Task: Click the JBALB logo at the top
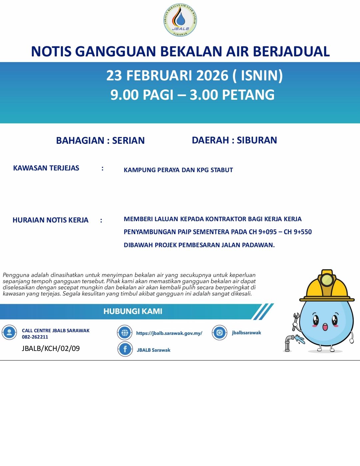(x=180, y=20)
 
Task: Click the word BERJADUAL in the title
(x=291, y=51)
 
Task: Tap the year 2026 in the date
(x=212, y=75)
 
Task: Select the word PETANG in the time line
(x=248, y=95)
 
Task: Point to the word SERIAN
(x=128, y=140)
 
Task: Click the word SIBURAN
(x=257, y=140)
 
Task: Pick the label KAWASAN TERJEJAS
(x=46, y=168)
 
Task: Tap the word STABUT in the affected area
(x=222, y=170)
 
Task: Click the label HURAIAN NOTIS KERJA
(x=50, y=220)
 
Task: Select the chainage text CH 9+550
(x=298, y=232)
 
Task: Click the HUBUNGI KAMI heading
(x=133, y=311)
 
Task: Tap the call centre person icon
(x=9, y=332)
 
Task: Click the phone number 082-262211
(x=35, y=337)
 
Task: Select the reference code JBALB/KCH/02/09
(x=51, y=349)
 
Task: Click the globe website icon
(x=125, y=333)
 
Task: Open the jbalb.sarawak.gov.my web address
(x=169, y=333)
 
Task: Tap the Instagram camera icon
(x=220, y=333)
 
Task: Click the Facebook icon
(x=125, y=349)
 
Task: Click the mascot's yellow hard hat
(x=327, y=287)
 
